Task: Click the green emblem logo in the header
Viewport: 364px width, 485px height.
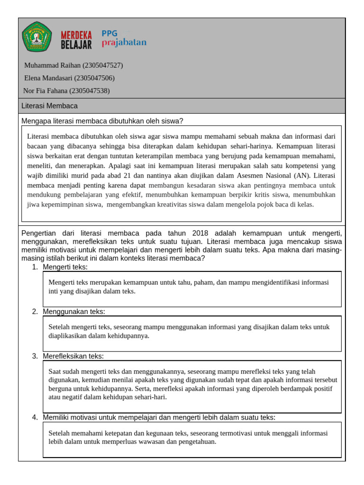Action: click(x=37, y=37)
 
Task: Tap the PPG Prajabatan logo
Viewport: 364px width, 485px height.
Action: click(x=124, y=38)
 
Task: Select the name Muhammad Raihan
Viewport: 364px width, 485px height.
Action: click(x=52, y=65)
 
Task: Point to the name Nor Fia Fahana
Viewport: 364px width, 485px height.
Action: click(x=45, y=91)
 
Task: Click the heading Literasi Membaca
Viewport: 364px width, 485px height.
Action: click(x=50, y=106)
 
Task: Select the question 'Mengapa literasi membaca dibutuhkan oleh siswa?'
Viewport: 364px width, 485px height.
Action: click(x=102, y=121)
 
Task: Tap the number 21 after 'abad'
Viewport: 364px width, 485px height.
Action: click(x=128, y=175)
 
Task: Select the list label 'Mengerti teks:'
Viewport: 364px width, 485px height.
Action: click(x=65, y=267)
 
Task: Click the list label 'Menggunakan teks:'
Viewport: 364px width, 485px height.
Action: click(x=73, y=311)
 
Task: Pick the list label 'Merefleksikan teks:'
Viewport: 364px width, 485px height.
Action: click(x=73, y=356)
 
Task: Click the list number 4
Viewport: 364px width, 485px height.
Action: click(x=35, y=417)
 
